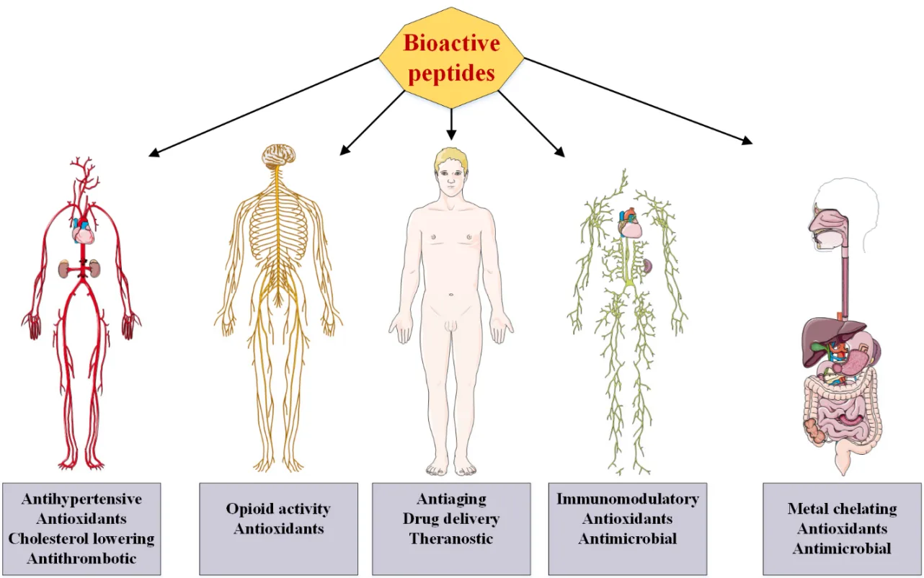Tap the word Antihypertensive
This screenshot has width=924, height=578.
pos(81,499)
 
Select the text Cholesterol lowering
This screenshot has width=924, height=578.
pos(81,538)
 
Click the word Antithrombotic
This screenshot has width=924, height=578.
pos(81,557)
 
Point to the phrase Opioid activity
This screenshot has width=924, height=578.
pos(278,509)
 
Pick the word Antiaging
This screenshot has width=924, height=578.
pos(451,499)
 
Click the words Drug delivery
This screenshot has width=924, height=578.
pos(451,518)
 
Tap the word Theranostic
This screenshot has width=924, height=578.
pos(451,538)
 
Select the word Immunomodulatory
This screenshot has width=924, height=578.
pos(627,499)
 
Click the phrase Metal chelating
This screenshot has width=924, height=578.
pos(842,509)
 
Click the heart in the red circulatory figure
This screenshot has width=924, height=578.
pos(83,232)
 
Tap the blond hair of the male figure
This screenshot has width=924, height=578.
pos(450,157)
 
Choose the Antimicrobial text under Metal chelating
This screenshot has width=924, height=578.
pos(842,548)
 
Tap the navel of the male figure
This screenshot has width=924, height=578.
pos(451,294)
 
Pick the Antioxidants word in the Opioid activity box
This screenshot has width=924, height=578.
pos(278,528)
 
